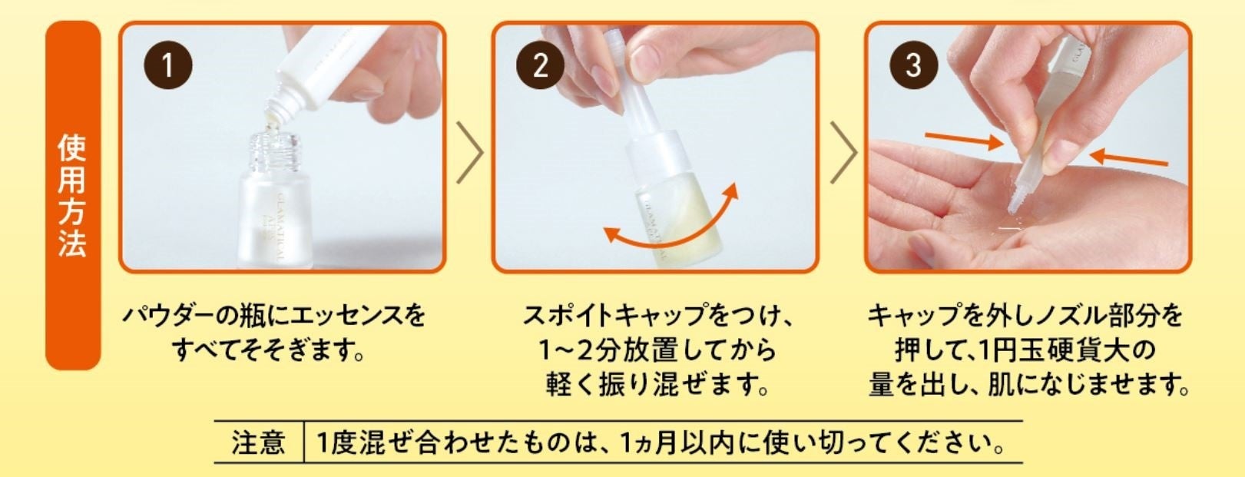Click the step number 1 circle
pyautogui.click(x=168, y=65)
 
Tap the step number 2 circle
pyautogui.click(x=540, y=65)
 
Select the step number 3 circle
pyautogui.click(x=913, y=65)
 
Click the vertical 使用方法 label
pyautogui.click(x=72, y=195)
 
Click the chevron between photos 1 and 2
pyautogui.click(x=470, y=152)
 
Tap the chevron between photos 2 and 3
pyautogui.click(x=844, y=152)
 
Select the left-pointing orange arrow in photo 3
pyautogui.click(x=1128, y=157)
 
